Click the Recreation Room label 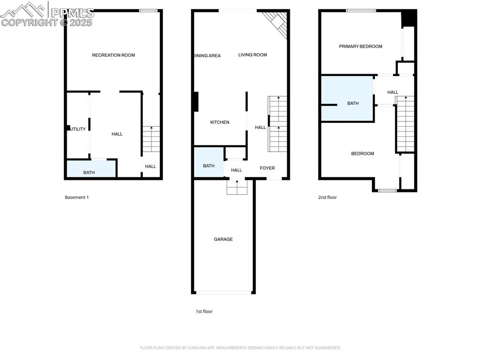point(113,55)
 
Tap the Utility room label point(77,129)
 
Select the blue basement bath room point(91,169)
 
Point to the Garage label point(223,239)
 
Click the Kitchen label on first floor point(219,123)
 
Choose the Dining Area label point(207,56)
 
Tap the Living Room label point(252,55)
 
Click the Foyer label point(267,168)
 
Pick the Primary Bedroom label point(361,46)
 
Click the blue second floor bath point(348,99)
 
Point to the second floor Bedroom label point(363,153)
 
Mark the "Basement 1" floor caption point(77,198)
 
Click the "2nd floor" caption point(327,198)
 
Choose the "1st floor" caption point(204,312)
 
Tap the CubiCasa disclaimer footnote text point(240,348)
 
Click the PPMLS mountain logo point(26,9)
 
